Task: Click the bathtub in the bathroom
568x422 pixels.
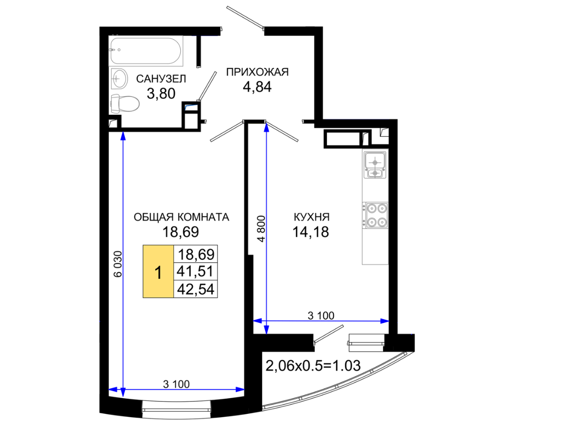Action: click(146, 51)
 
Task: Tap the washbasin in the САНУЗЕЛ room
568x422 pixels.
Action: click(119, 78)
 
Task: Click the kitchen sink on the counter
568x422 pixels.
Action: click(375, 165)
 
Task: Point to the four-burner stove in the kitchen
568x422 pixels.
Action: click(376, 215)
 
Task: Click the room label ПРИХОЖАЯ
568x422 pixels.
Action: click(257, 72)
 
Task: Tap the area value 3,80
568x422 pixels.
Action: click(161, 93)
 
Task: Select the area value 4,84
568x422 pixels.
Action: click(257, 87)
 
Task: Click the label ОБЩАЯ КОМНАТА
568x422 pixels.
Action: click(181, 217)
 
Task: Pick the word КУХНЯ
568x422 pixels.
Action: click(311, 217)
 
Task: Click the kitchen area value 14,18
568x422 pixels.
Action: click(310, 232)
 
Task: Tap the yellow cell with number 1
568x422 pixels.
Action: click(158, 271)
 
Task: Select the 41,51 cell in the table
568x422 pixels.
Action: click(196, 271)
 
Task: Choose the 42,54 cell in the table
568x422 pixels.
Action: click(196, 289)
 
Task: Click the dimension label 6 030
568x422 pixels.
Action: click(118, 264)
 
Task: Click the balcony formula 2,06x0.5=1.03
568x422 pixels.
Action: click(313, 366)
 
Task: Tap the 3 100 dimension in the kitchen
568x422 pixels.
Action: click(321, 316)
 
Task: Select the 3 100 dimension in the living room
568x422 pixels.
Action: click(176, 384)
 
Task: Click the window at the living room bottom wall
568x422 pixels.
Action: click(176, 406)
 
